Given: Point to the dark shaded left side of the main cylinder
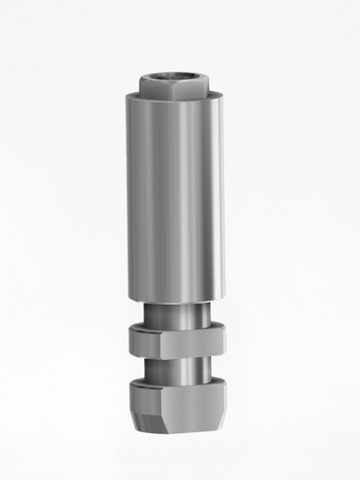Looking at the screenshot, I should (x=131, y=197).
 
